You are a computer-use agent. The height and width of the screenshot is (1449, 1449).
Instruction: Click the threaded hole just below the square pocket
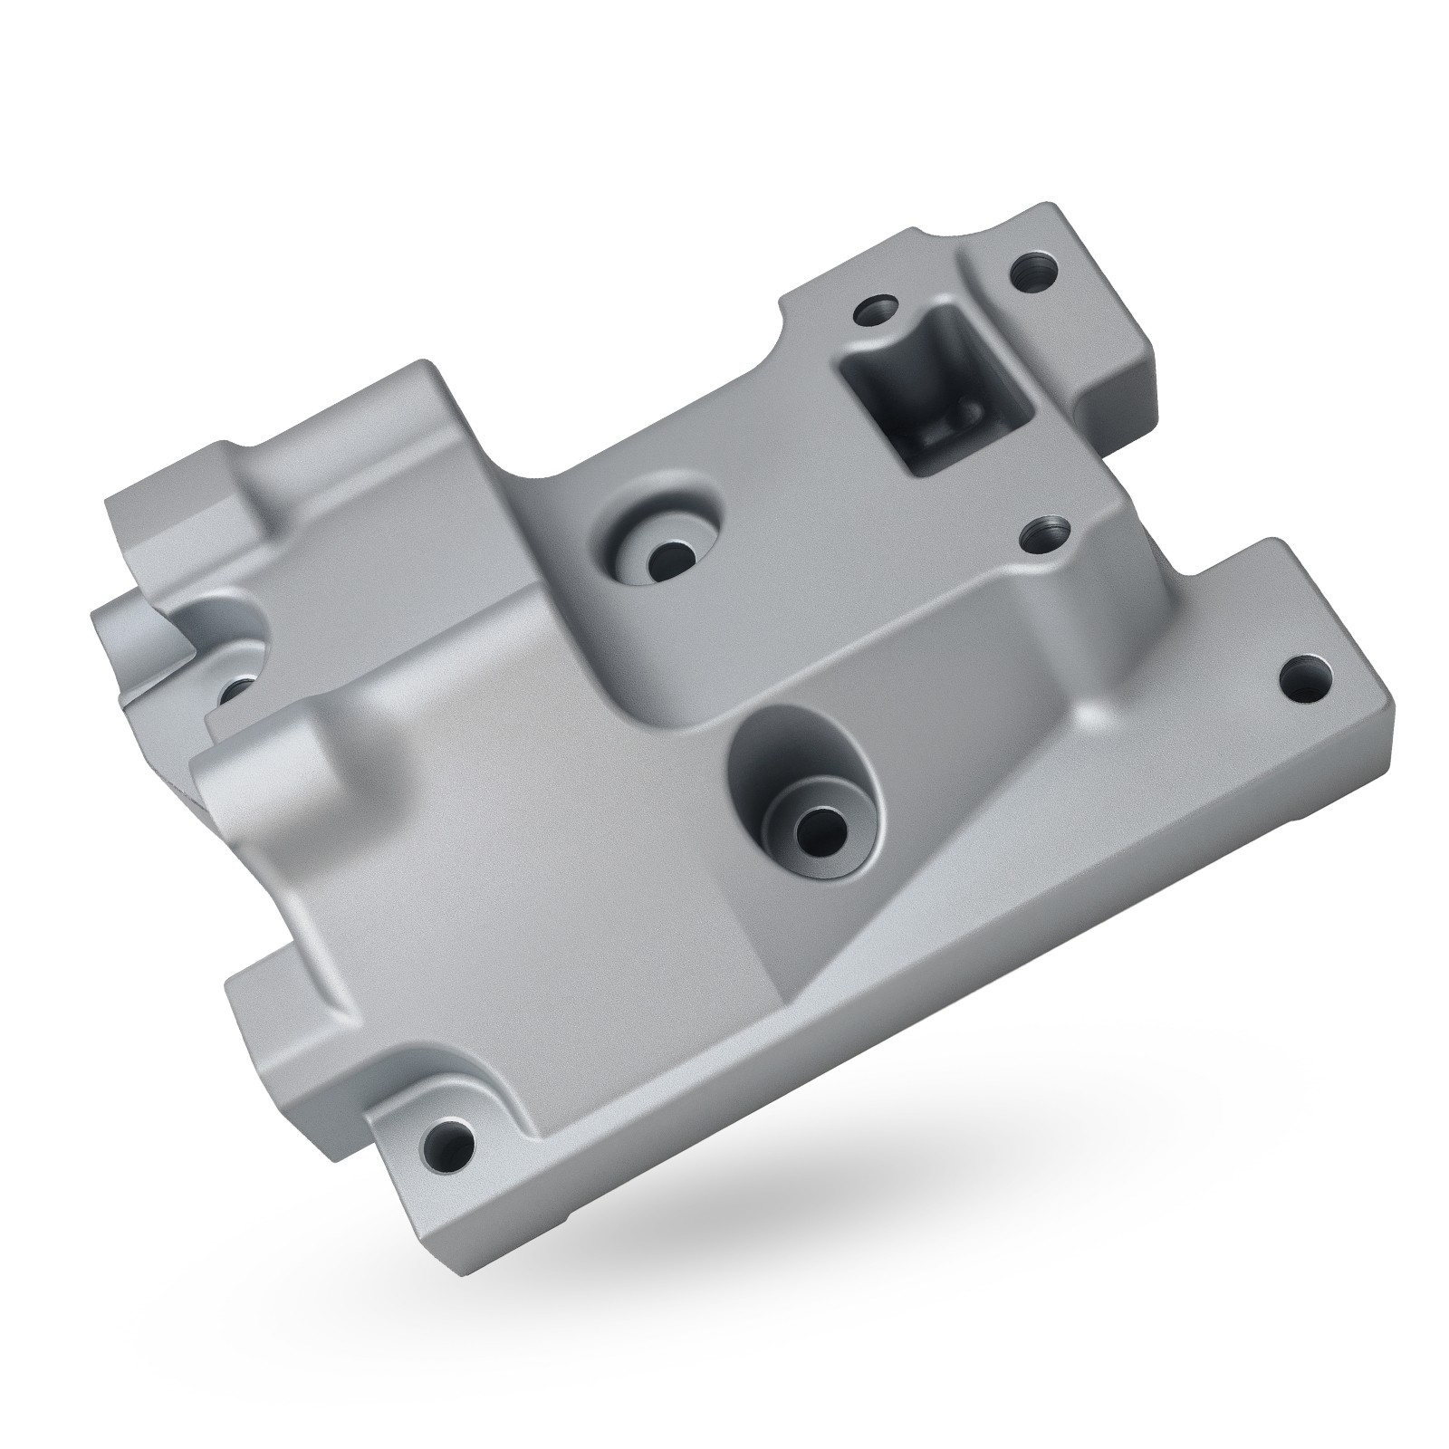click(x=1044, y=537)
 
